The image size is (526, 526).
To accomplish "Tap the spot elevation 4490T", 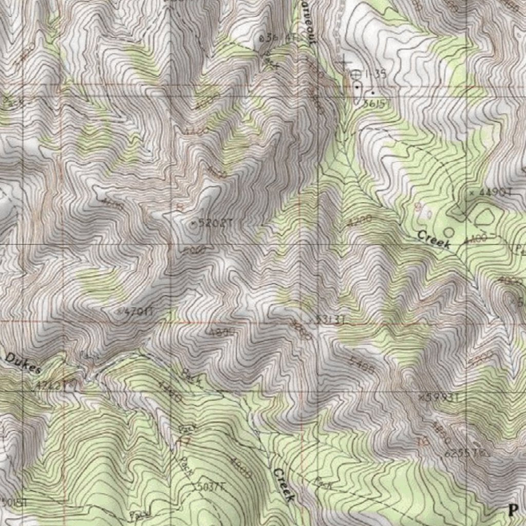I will (x=492, y=193).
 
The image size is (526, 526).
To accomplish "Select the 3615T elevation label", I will (x=374, y=103).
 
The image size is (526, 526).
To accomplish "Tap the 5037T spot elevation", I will (x=209, y=486).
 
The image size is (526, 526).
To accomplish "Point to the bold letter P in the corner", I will (x=513, y=510).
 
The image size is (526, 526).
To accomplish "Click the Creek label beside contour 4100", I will (x=434, y=239).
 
